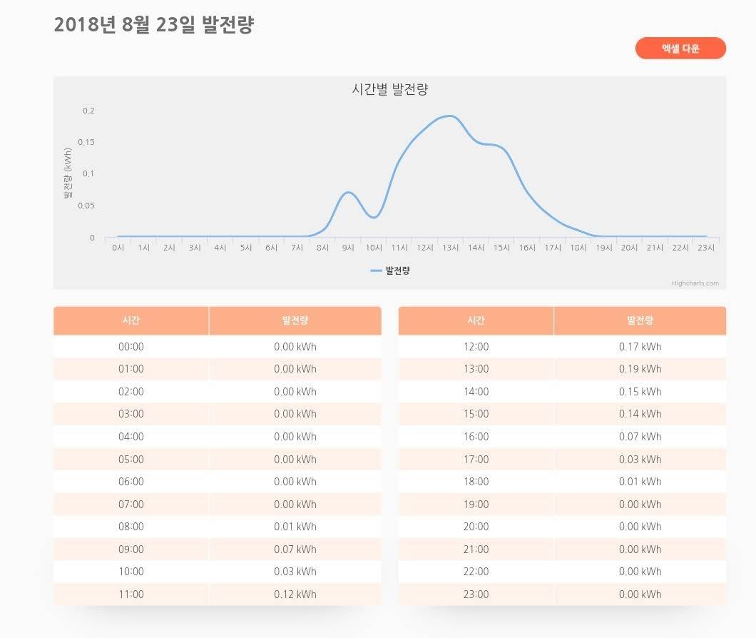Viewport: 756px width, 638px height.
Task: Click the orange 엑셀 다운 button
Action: pyautogui.click(x=680, y=49)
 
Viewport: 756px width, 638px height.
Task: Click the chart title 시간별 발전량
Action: pyautogui.click(x=389, y=89)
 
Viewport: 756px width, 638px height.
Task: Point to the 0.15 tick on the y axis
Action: pyautogui.click(x=86, y=142)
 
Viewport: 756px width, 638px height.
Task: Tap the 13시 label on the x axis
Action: pyautogui.click(x=450, y=248)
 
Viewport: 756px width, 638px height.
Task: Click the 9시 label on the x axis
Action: pyautogui.click(x=348, y=248)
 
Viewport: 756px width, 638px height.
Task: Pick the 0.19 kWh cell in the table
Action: pyautogui.click(x=640, y=369)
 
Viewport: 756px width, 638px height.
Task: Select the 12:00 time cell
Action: pyautogui.click(x=476, y=347)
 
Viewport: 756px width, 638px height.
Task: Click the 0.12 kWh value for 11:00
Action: pyautogui.click(x=295, y=594)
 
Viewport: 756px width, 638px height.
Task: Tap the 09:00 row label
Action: pyautogui.click(x=131, y=550)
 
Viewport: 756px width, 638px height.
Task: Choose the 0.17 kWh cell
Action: pyautogui.click(x=640, y=347)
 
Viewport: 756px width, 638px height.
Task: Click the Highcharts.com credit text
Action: pyautogui.click(x=695, y=283)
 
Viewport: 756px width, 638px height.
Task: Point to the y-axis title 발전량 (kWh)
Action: pyautogui.click(x=68, y=173)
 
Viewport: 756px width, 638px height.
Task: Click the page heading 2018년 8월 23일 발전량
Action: pyautogui.click(x=154, y=25)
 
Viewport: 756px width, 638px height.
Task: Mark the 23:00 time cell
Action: pyautogui.click(x=476, y=594)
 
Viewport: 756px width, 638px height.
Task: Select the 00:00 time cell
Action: pyautogui.click(x=131, y=347)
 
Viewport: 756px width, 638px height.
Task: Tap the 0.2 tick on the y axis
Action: pyautogui.click(x=88, y=111)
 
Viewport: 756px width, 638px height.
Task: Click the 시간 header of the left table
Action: pyautogui.click(x=131, y=320)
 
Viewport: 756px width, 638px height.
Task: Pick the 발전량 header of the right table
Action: pyautogui.click(x=640, y=320)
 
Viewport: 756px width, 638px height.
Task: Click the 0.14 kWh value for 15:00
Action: pyautogui.click(x=640, y=414)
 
